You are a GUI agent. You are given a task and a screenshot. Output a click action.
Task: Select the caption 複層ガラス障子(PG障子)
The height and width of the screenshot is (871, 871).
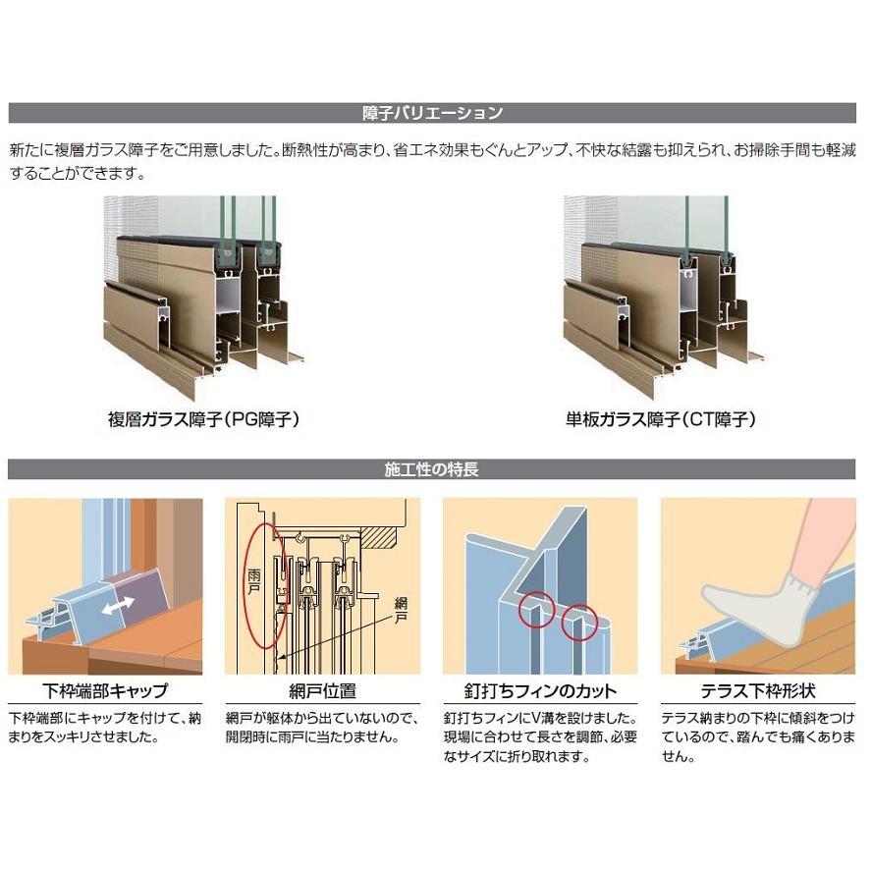[x=203, y=419]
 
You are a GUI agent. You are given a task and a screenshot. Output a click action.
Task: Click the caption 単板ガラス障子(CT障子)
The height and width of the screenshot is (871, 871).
[x=660, y=419]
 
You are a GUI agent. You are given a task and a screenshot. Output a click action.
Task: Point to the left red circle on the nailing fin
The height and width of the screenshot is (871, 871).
[x=533, y=610]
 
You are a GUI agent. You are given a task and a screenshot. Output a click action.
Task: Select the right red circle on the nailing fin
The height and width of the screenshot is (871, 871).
[x=579, y=621]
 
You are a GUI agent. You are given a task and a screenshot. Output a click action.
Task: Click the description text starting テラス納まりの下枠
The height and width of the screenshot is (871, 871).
[x=757, y=736]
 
